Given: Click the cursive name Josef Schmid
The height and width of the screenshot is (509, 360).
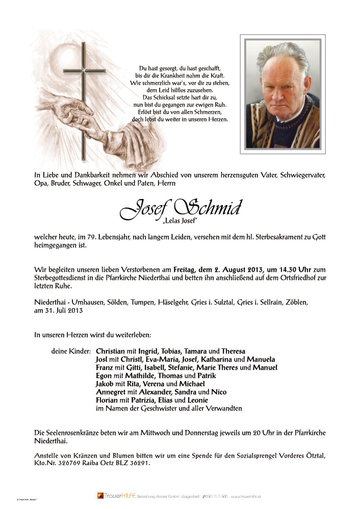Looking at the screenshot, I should pos(181,208).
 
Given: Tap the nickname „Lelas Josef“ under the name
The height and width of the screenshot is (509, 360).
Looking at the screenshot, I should pos(179,221).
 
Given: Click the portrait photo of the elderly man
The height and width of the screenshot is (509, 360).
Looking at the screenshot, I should pos(282,94).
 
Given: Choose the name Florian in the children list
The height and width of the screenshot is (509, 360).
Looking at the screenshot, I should pos(109,400).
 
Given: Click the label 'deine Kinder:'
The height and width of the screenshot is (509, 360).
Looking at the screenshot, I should pos(71,351).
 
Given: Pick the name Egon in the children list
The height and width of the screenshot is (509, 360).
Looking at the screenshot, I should pos(105,376).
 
